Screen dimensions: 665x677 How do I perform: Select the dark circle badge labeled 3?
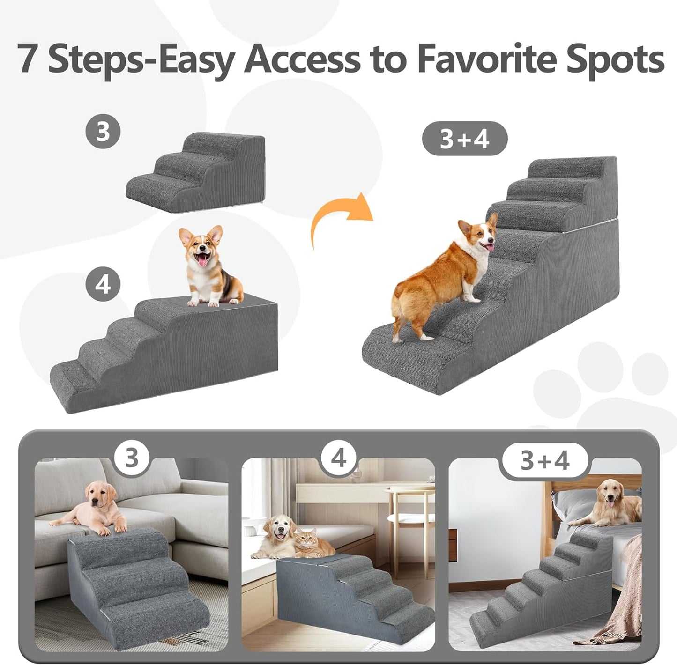point(103,131)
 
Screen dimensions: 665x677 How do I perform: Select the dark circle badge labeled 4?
point(103,284)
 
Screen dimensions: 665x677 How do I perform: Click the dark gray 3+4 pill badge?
point(464,139)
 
